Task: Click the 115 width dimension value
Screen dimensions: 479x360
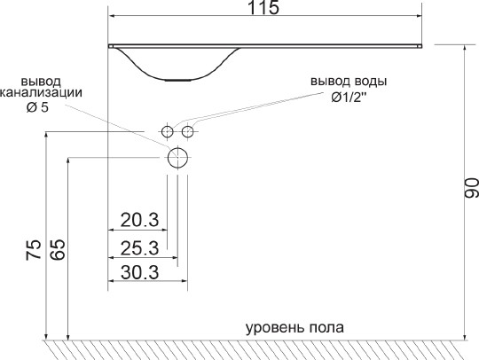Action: (263, 7)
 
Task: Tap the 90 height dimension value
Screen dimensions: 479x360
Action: (471, 188)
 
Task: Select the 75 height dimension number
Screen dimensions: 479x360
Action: (34, 250)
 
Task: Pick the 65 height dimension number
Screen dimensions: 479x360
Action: (58, 249)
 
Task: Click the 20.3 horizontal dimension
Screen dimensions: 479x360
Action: (139, 220)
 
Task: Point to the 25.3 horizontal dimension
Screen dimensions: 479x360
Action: (139, 248)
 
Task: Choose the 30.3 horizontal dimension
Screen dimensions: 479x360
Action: (139, 272)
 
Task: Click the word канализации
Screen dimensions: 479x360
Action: (41, 93)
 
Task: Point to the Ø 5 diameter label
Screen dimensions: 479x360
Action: (37, 107)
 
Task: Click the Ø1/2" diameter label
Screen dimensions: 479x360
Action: (349, 98)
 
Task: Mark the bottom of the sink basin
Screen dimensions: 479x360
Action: (178, 80)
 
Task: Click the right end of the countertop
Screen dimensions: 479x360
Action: (421, 46)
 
